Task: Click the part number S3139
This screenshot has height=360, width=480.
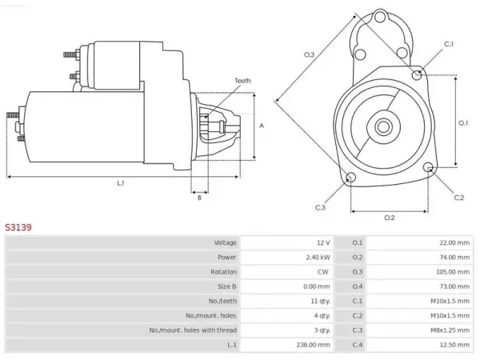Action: (x=18, y=227)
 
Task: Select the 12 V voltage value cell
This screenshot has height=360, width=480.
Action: (x=323, y=242)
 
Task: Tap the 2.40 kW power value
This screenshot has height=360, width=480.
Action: (x=318, y=258)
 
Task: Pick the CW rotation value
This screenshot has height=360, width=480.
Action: (x=323, y=272)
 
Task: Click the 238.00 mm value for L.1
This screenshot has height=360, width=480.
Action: (x=313, y=345)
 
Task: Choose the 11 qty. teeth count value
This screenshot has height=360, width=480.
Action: (x=321, y=302)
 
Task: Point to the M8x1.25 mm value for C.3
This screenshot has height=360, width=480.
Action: (x=450, y=330)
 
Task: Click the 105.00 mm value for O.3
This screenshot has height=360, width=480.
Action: (x=453, y=272)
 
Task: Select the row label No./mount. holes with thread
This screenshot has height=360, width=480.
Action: (x=193, y=330)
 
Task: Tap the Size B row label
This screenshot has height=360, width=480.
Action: (x=227, y=286)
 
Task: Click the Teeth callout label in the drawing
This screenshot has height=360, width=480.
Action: (x=242, y=81)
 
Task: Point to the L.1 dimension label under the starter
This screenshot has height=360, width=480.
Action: (x=121, y=183)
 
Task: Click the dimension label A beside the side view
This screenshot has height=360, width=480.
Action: (x=262, y=126)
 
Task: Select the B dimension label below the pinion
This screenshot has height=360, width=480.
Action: (x=199, y=198)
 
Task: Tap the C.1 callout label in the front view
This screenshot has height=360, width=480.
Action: (x=449, y=44)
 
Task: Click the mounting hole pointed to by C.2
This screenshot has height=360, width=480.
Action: (x=428, y=167)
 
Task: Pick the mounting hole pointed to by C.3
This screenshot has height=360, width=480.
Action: (x=350, y=177)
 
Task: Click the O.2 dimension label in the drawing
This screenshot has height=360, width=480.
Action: (x=390, y=218)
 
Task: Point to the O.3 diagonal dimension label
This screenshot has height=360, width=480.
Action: (x=309, y=54)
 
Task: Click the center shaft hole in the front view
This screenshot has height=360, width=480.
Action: (x=383, y=126)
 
